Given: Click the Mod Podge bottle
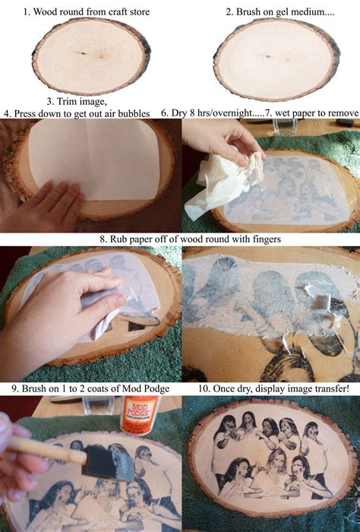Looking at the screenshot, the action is click(x=140, y=415).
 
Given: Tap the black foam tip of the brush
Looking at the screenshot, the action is click(x=108, y=462).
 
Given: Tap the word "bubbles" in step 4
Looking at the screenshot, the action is click(x=133, y=113).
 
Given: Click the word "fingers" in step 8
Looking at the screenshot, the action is click(x=267, y=239).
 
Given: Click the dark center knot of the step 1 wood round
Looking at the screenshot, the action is click(x=83, y=53).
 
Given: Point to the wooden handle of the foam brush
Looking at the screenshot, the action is click(x=47, y=450).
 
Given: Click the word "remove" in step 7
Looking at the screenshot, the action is click(x=343, y=113).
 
